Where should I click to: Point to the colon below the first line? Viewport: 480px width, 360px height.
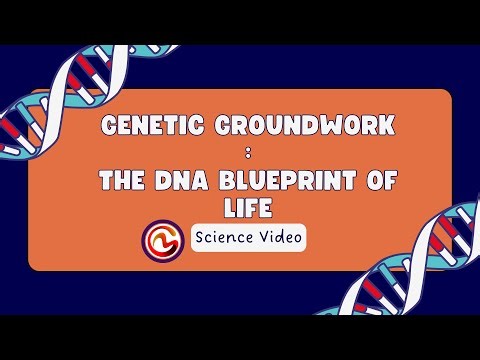(239, 155)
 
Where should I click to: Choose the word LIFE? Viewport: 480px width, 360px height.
(239, 208)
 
